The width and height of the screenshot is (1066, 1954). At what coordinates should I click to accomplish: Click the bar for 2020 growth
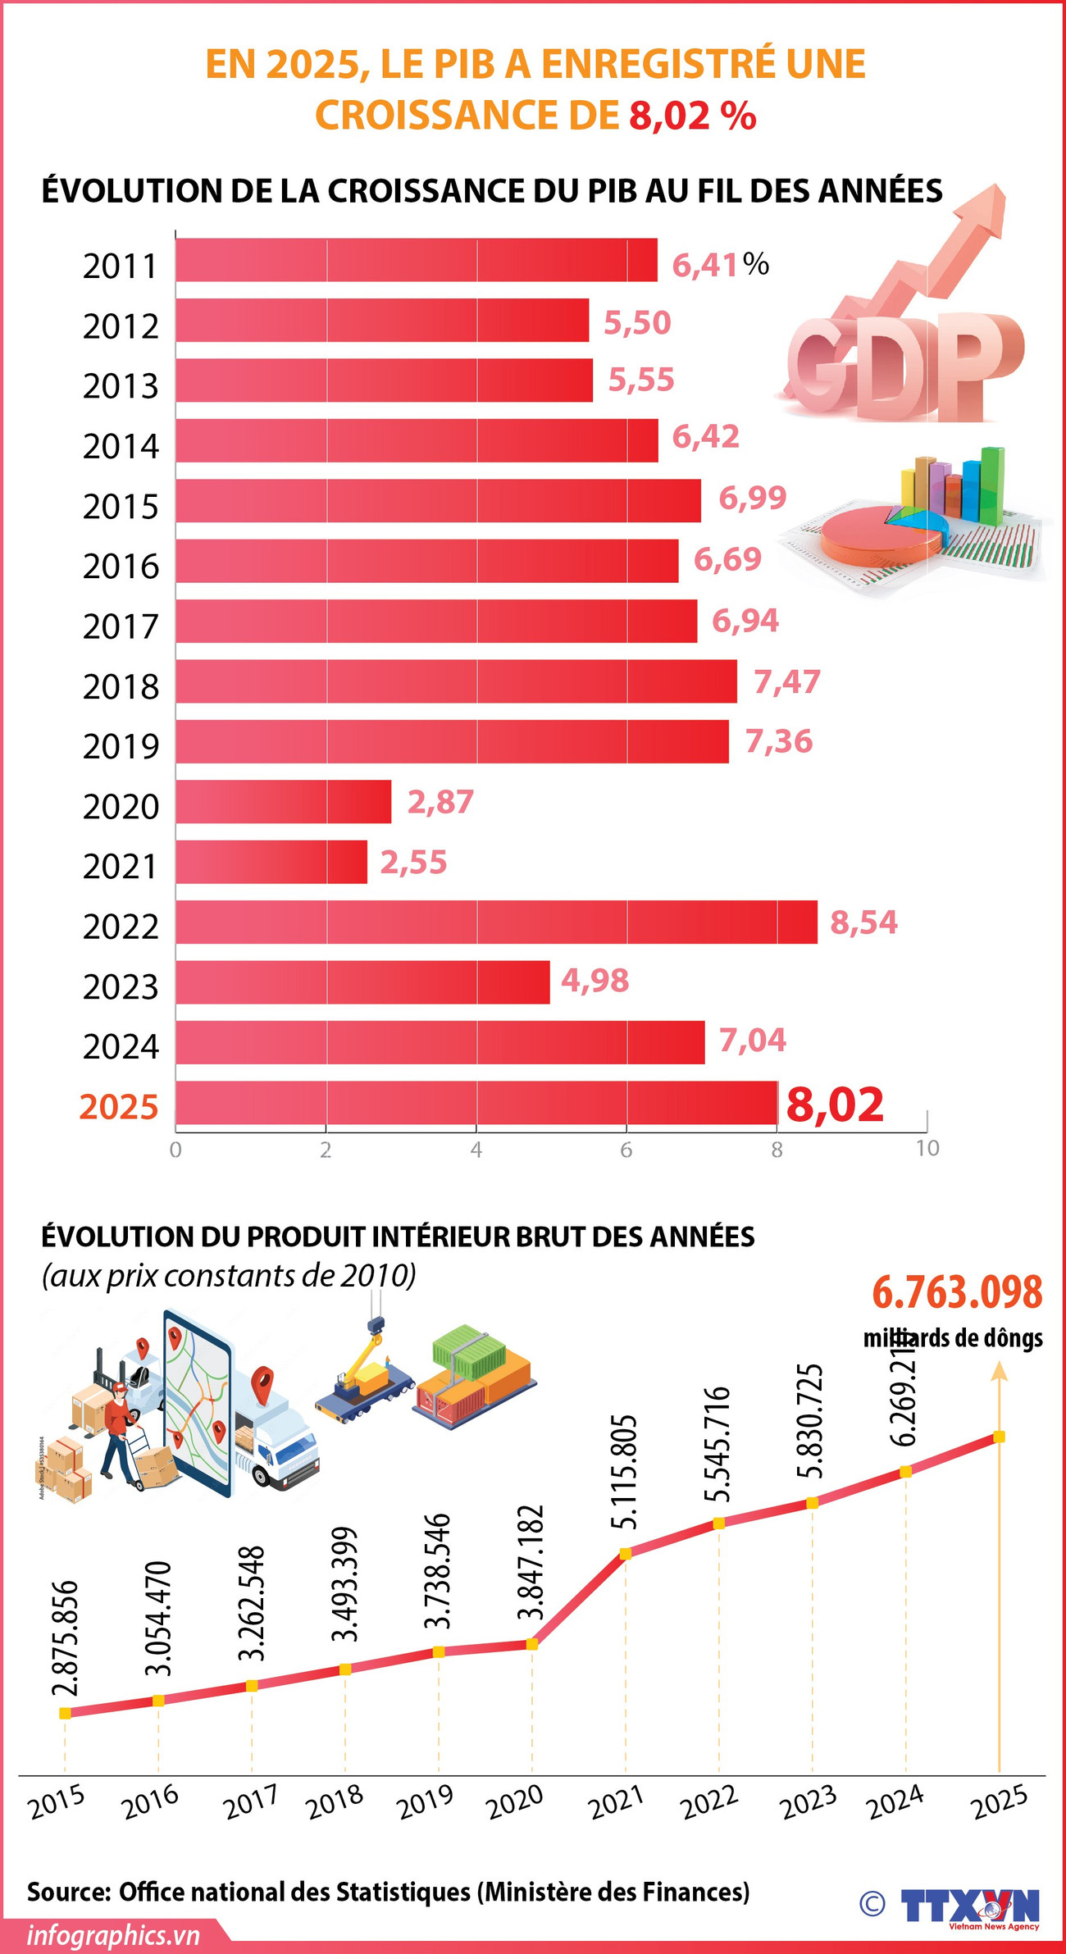(x=283, y=801)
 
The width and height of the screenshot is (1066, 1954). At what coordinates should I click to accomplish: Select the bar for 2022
(x=496, y=922)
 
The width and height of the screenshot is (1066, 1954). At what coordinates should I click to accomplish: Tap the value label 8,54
(x=863, y=922)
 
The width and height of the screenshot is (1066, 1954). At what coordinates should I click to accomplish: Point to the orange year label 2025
(x=119, y=1107)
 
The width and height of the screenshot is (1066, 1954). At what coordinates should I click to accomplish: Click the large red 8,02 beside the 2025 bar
(x=835, y=1105)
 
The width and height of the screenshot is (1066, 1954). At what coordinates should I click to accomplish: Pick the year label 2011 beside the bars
(x=120, y=266)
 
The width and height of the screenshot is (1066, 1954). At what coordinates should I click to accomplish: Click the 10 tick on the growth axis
(x=927, y=1148)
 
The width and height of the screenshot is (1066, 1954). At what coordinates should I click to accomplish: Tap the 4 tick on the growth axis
(x=476, y=1150)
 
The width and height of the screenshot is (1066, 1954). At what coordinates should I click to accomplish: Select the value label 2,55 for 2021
(x=413, y=862)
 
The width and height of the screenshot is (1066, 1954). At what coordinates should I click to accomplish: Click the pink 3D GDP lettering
(x=902, y=365)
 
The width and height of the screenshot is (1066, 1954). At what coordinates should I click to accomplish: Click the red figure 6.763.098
(x=956, y=1293)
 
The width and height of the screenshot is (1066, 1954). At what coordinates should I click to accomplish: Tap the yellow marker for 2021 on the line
(x=626, y=1553)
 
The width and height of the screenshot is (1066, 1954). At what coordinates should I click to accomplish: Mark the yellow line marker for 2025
(x=999, y=1437)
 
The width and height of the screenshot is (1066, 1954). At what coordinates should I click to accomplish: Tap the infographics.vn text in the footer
(x=113, y=1935)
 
